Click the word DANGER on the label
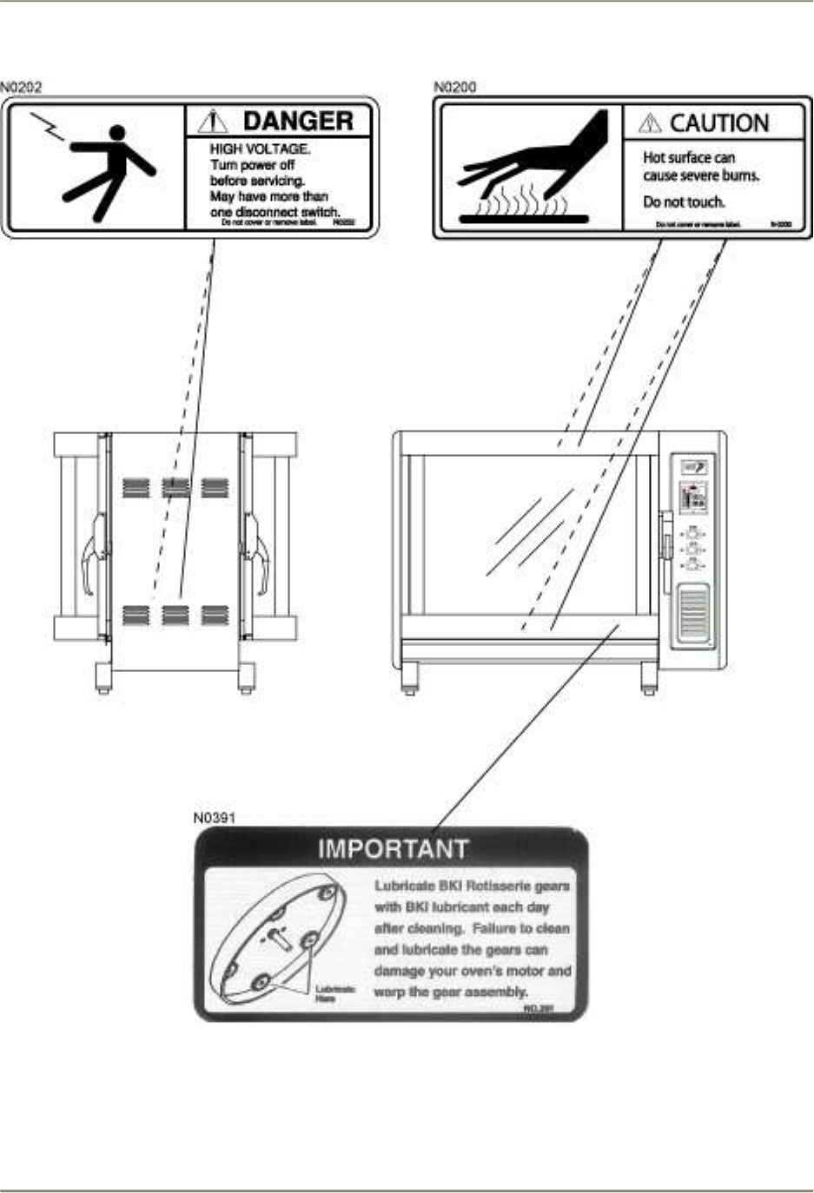pos(297,121)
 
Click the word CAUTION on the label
pos(718,123)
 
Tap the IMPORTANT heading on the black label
pos(393,848)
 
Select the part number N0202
pos(21,87)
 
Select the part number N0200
pos(454,87)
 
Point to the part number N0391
pos(214,817)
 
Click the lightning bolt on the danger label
pos(47,127)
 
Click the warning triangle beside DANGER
pos(213,122)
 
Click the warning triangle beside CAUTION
pos(649,124)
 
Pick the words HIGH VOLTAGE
pos(260,149)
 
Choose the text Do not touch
pos(684,202)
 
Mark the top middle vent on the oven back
pos(175,488)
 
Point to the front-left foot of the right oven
pos(408,680)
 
